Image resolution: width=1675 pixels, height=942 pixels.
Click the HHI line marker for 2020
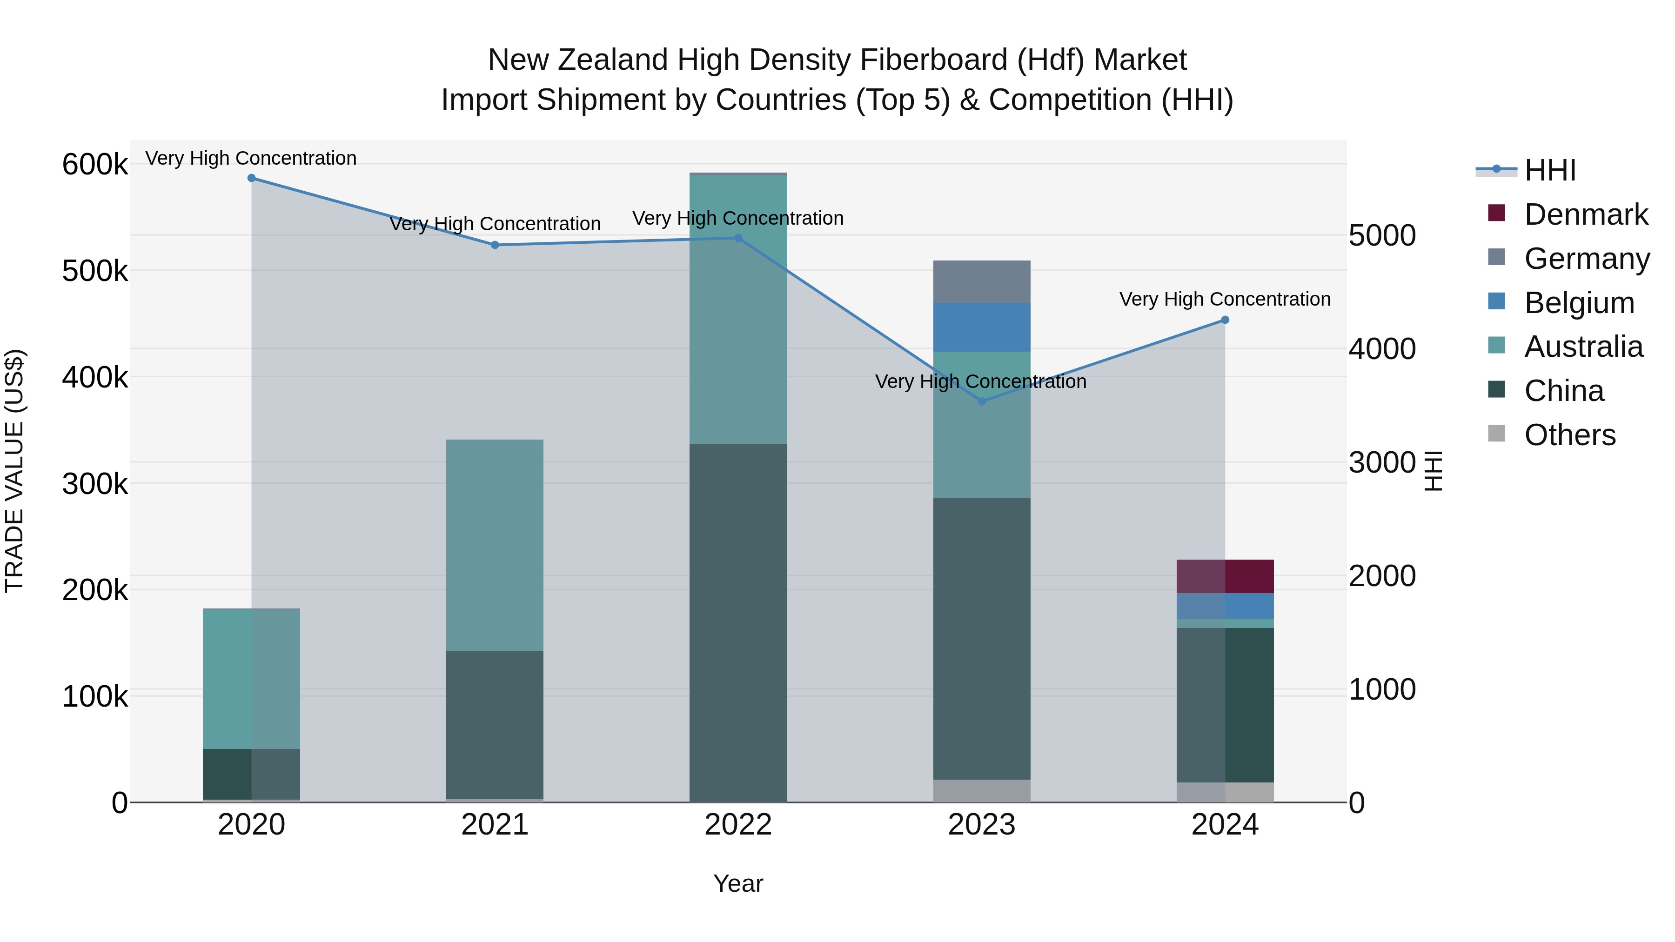pos(252,178)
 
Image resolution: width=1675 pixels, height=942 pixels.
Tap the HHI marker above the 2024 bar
pos(1225,320)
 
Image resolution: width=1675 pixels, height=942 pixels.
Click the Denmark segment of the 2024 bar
pos(1225,576)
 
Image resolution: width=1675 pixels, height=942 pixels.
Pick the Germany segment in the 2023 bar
pos(982,281)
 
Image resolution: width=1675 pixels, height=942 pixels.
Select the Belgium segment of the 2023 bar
pos(982,327)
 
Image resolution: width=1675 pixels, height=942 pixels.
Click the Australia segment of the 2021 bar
pos(495,545)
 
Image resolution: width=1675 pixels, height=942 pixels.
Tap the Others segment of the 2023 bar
pos(982,790)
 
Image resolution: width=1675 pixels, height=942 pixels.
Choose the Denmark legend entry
pos(1585,214)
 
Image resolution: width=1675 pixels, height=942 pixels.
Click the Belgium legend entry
pos(1579,303)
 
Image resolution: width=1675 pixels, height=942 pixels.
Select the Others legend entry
pos(1570,435)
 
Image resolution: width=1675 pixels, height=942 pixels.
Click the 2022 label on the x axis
pos(738,825)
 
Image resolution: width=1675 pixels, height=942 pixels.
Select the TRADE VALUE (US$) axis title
pos(14,471)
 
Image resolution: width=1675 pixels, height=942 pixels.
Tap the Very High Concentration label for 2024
pos(1225,299)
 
